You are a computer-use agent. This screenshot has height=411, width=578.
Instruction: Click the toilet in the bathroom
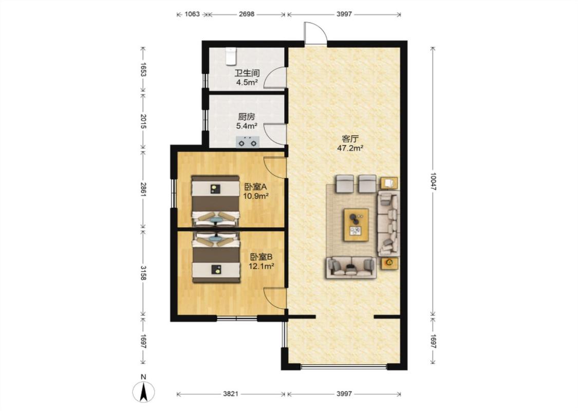[x=231, y=55]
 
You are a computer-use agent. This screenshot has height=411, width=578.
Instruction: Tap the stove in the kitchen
[x=247, y=142]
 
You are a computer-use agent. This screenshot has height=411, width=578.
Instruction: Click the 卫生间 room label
[x=247, y=73]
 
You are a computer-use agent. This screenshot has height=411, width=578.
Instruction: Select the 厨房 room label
[x=247, y=117]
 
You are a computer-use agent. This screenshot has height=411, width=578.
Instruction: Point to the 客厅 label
[x=350, y=139]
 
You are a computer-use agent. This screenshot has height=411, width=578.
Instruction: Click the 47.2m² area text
[x=350, y=148]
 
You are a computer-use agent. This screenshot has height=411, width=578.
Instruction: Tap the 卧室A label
[x=255, y=187]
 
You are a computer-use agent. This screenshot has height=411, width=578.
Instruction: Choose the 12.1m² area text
[x=262, y=266]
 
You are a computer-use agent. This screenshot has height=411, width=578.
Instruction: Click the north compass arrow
[x=144, y=391]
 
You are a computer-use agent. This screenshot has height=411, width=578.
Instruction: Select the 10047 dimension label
[x=433, y=181]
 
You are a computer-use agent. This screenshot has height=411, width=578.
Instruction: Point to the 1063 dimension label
[x=192, y=14]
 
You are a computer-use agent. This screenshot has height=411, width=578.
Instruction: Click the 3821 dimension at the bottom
[x=230, y=394]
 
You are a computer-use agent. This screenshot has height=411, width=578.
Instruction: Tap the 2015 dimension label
[x=144, y=121]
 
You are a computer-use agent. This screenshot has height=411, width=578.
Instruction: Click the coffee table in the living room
[x=356, y=225]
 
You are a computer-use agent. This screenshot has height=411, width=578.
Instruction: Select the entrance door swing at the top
[x=315, y=33]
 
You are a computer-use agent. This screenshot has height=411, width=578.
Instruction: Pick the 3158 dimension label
[x=144, y=272]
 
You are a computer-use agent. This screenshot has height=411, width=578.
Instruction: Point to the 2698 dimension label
[x=247, y=14]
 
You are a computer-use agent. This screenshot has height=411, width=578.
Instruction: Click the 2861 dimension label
[x=144, y=189]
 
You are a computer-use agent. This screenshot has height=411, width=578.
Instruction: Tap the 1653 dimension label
[x=144, y=69]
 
